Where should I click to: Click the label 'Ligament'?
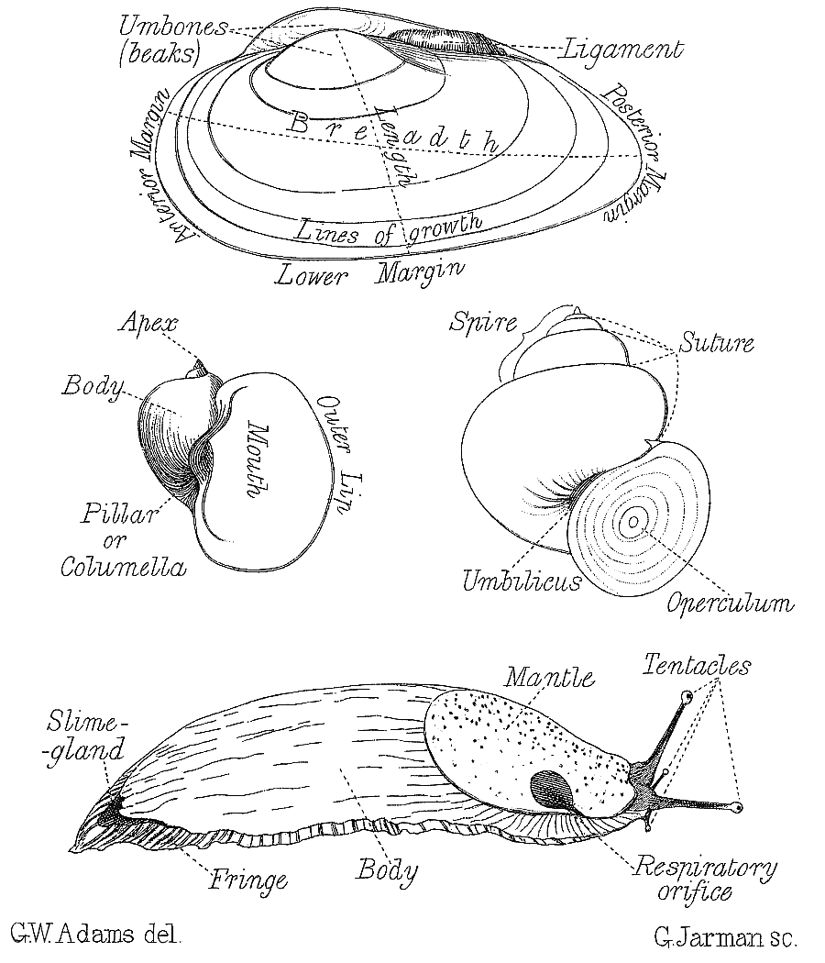[x=623, y=50]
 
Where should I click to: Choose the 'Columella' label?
[x=123, y=567]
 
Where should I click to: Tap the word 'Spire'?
[x=483, y=323]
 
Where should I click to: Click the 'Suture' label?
[x=717, y=343]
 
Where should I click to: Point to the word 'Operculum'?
[x=730, y=603]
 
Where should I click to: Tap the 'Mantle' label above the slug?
[x=551, y=678]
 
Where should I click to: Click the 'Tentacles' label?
[x=697, y=664]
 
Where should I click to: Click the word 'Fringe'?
[x=247, y=880]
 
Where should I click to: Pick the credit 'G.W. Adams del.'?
[x=96, y=936]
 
